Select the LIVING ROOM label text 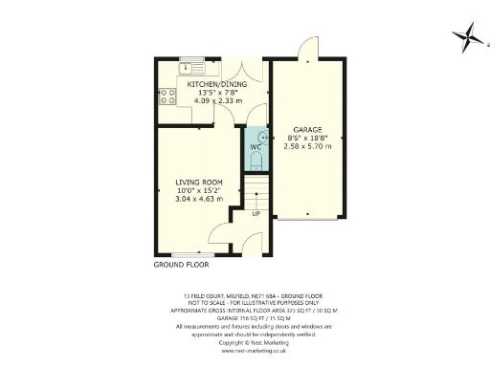(x=199, y=182)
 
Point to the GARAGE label (x=308, y=129)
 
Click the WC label (x=256, y=146)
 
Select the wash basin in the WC (x=256, y=135)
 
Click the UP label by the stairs (x=256, y=213)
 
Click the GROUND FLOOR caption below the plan (x=182, y=264)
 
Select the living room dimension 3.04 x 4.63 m (x=199, y=200)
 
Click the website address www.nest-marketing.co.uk (x=256, y=350)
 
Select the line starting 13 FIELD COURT (x=256, y=296)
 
